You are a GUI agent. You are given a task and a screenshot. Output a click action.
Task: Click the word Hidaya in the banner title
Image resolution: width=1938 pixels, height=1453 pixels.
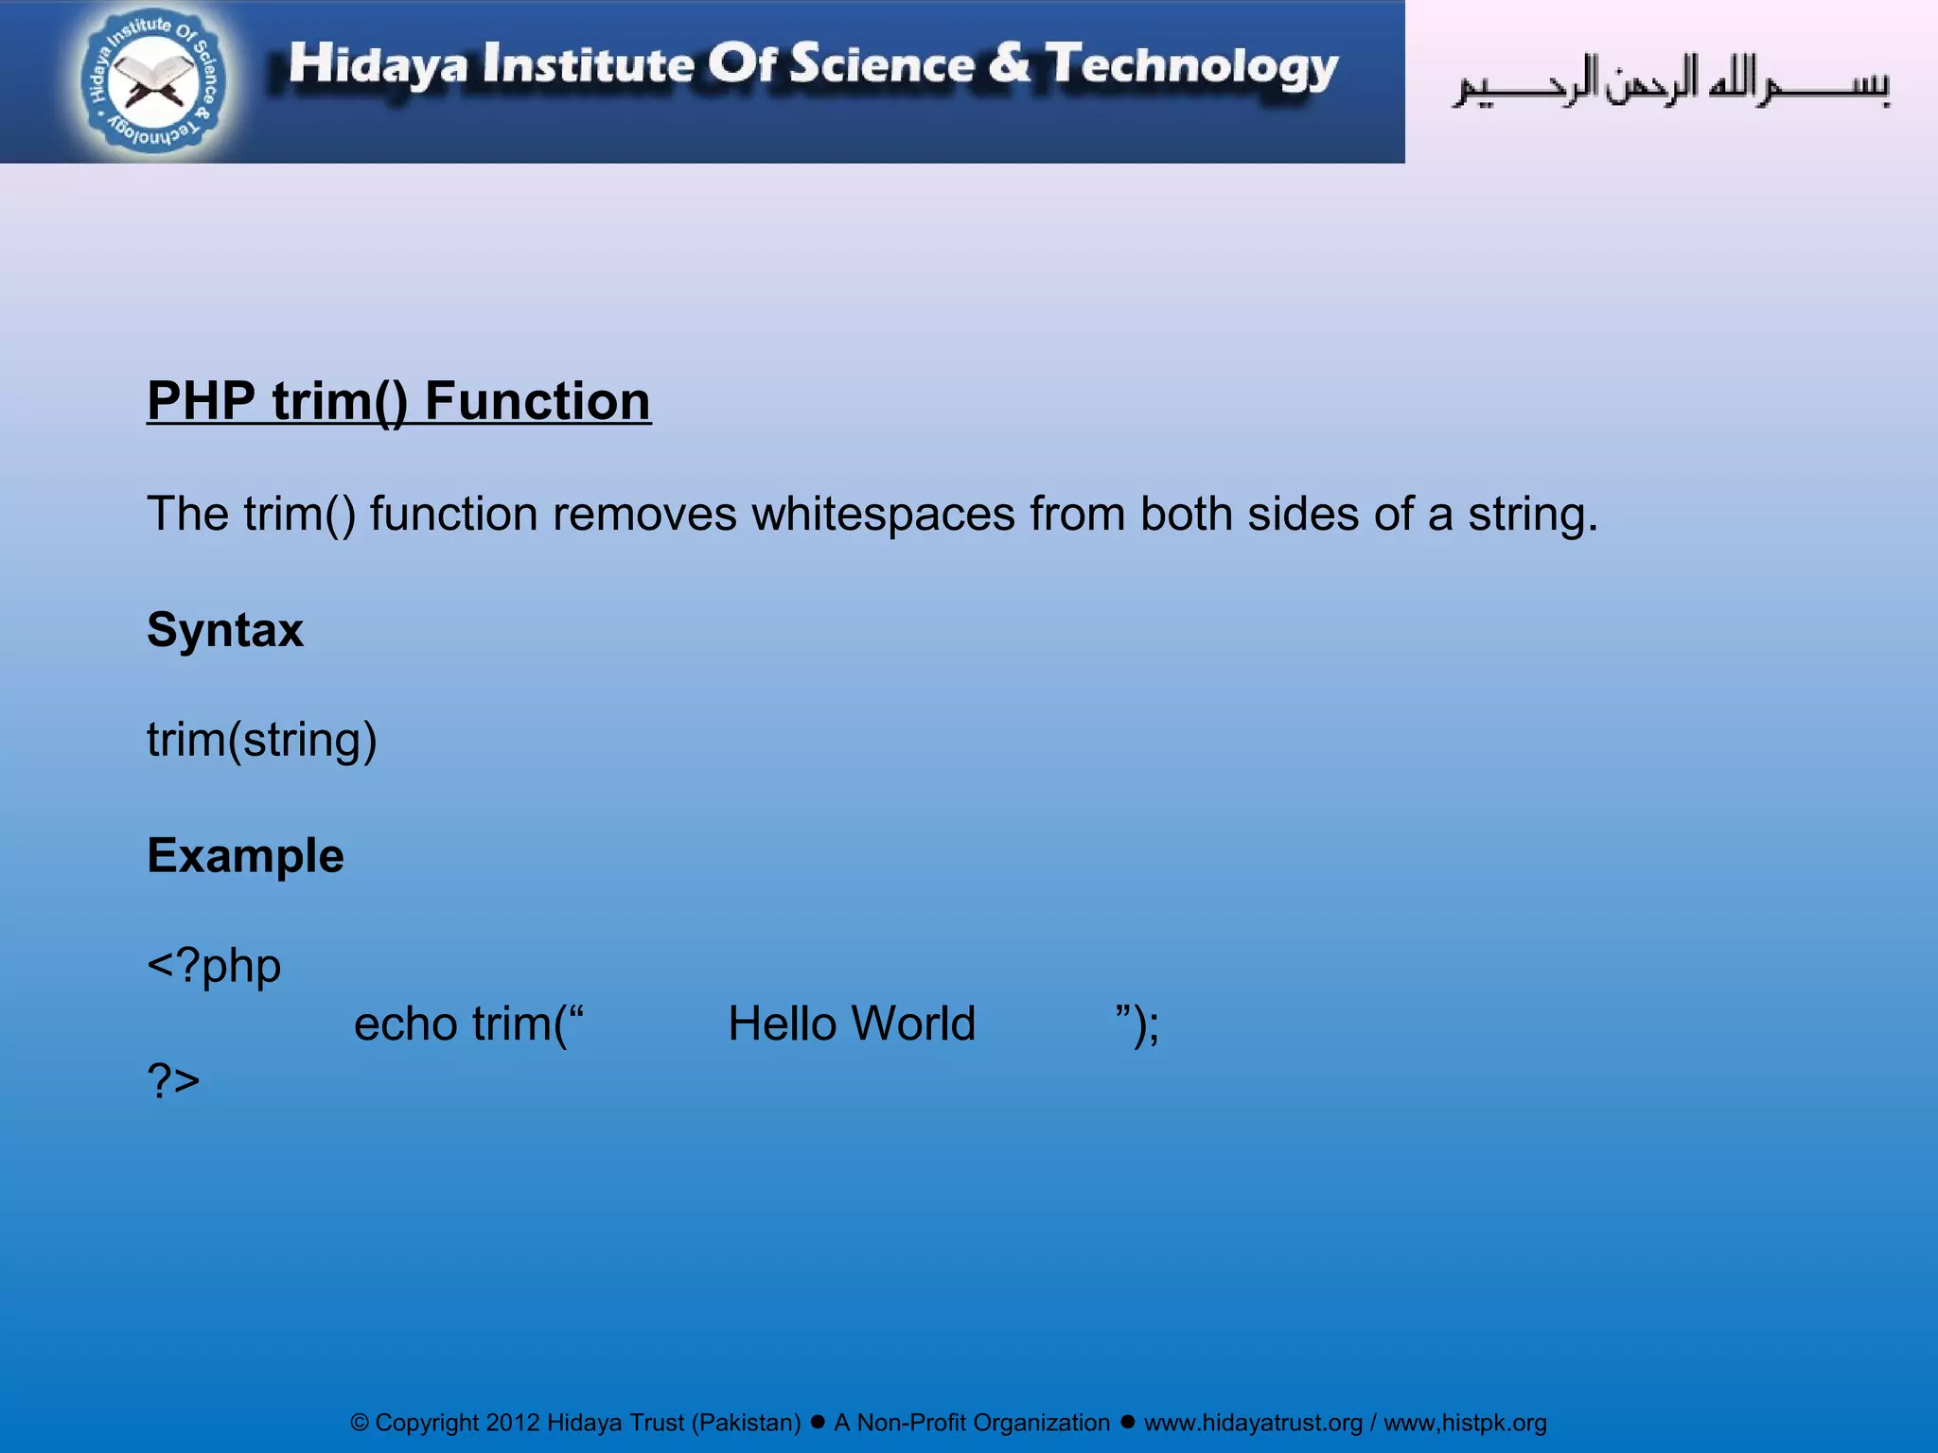tap(378, 64)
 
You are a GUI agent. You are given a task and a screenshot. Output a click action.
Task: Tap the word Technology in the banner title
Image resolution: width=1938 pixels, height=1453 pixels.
tap(1191, 66)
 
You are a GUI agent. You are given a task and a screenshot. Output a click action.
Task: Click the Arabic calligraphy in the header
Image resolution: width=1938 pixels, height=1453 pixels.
tap(1670, 81)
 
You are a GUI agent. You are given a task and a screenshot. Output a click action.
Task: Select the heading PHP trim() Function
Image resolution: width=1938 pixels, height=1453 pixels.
tap(398, 401)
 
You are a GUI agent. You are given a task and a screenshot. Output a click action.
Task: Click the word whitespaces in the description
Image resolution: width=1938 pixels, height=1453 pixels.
tap(883, 515)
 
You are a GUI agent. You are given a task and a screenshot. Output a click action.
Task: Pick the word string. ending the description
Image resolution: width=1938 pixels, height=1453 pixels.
tap(1532, 515)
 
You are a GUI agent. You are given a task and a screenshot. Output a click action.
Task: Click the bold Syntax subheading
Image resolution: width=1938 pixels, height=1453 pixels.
tap(225, 630)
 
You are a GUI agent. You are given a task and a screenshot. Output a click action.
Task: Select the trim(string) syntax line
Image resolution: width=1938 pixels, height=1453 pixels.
tap(262, 740)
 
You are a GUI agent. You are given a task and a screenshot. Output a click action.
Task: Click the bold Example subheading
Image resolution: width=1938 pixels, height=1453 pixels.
tap(245, 856)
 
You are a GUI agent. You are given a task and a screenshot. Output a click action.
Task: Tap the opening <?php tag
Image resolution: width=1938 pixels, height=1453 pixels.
tap(214, 966)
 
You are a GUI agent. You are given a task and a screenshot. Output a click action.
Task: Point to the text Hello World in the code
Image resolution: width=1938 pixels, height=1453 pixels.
tap(852, 1024)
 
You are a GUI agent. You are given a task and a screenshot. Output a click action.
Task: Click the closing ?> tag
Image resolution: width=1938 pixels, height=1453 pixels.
tap(173, 1079)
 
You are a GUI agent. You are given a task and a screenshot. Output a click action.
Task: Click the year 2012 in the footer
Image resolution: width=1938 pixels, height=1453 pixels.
tap(512, 1423)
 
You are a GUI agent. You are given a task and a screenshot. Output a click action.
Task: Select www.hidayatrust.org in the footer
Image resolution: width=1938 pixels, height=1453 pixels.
tap(1253, 1423)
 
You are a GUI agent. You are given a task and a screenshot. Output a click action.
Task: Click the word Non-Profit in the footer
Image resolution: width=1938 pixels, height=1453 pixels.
tap(911, 1423)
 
